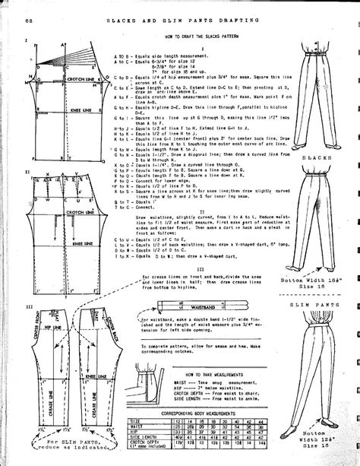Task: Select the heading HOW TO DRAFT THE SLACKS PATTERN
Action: point(208,36)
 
